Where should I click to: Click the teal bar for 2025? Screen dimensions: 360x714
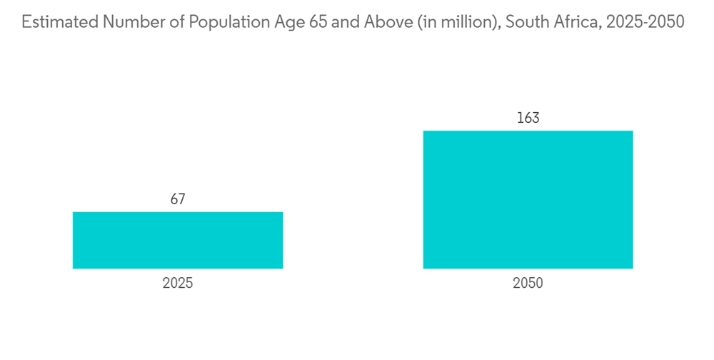(x=178, y=240)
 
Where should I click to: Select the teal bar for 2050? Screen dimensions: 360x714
(x=528, y=199)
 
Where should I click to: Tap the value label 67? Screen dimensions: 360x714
(x=178, y=199)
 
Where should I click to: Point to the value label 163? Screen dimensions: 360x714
(x=528, y=118)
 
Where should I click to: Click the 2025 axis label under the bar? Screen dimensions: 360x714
(x=178, y=283)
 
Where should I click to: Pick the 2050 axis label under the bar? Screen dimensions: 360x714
(x=528, y=283)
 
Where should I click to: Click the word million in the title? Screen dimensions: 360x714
(x=465, y=22)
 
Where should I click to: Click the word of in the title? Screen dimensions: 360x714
(x=171, y=22)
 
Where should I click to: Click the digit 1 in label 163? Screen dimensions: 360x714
(x=520, y=118)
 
